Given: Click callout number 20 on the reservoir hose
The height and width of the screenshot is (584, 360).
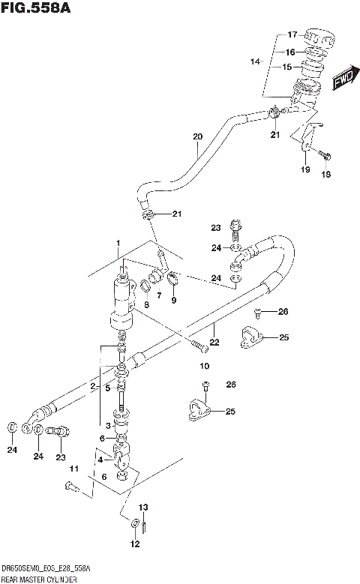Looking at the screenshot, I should point(197,137).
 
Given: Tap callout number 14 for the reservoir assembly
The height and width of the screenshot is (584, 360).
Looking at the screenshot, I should point(254,60).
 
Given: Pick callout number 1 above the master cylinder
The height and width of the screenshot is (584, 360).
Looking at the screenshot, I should point(118,242).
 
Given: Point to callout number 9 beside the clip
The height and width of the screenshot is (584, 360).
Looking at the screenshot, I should point(173,301).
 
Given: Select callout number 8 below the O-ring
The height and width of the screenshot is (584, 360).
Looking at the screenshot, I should point(147,304).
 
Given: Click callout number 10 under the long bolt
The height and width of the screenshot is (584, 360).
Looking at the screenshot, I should point(203,366).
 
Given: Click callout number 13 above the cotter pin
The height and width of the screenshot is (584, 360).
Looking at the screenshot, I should point(145,508).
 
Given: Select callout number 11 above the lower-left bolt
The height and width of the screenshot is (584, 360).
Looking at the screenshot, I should point(73,469).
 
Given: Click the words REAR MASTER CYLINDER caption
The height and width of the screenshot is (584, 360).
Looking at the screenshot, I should point(44,579).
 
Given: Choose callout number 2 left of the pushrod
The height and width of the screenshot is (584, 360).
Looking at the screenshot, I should point(92,387).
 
